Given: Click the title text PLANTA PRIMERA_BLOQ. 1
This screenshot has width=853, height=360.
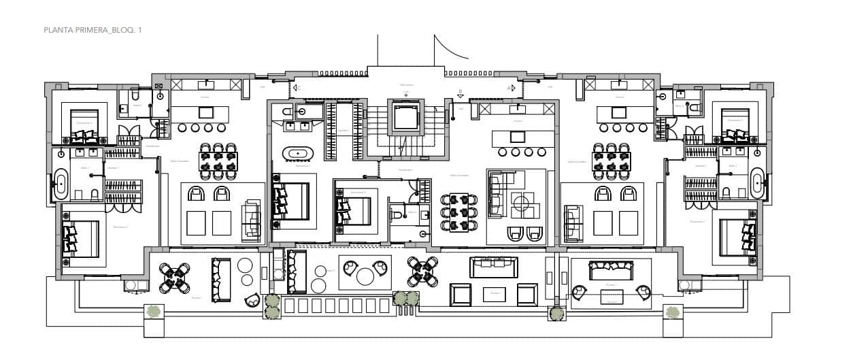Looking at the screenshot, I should [x=93, y=30].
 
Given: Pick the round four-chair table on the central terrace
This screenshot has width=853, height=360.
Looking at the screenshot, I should [x=422, y=272].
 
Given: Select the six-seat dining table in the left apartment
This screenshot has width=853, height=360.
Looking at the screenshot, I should [x=218, y=161].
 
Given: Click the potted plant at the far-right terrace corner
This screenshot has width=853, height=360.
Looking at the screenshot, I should [x=672, y=312].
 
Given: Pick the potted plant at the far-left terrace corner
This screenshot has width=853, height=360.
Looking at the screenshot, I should [x=154, y=312].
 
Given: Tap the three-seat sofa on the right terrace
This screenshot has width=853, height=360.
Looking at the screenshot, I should [x=611, y=270].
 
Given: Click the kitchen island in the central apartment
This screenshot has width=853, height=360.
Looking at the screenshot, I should [x=518, y=137].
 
